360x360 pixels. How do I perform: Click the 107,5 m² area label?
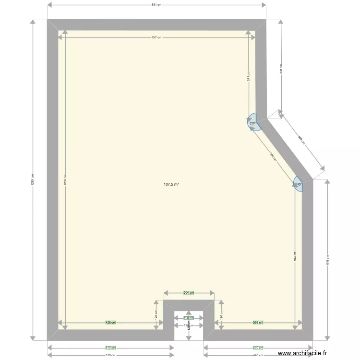(x=171, y=184)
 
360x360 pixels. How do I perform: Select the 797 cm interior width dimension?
(x=156, y=37)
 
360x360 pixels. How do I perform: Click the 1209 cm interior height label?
(x=65, y=180)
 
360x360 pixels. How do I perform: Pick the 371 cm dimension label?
(x=249, y=77)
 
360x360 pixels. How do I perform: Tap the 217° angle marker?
(x=252, y=123)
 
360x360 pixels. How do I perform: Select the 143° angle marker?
(x=298, y=184)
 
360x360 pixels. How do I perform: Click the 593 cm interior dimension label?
(x=295, y=257)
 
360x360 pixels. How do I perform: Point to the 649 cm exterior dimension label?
(x=328, y=260)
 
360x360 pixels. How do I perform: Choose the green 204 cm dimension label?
(x=189, y=292)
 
